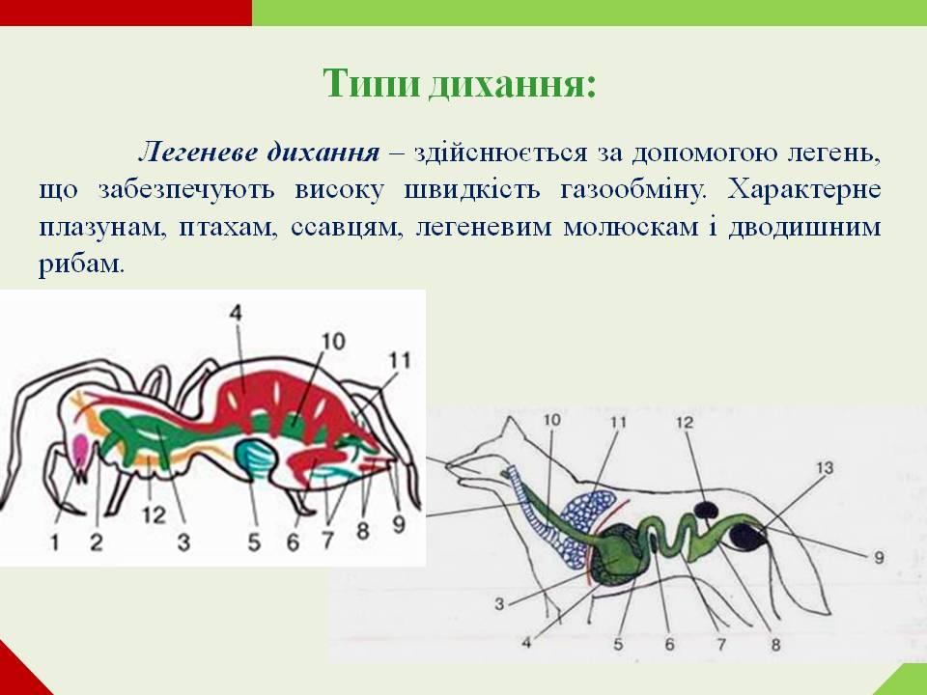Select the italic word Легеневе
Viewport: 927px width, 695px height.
pos(197,153)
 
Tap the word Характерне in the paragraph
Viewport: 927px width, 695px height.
pos(805,188)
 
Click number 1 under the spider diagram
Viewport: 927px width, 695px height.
pos(54,542)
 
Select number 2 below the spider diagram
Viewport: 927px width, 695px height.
pos(97,542)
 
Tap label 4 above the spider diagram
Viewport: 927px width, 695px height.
pos(237,313)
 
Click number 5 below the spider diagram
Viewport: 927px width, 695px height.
pos(254,542)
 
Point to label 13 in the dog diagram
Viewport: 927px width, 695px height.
pos(822,469)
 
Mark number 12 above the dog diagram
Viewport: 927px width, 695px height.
pos(685,422)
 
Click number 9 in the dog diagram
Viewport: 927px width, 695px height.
pos(879,557)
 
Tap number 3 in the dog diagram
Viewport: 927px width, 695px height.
pos(500,605)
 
